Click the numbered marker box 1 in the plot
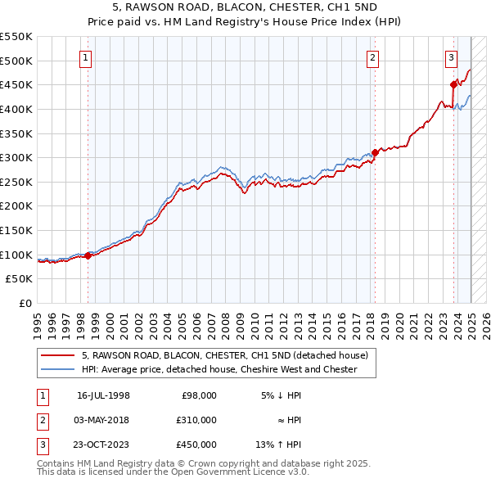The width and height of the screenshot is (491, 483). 86,57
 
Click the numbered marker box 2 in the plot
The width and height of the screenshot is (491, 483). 372,57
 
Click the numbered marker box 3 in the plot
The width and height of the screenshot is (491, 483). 451,57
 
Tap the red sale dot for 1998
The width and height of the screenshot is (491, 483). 88,255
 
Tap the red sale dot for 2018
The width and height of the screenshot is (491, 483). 375,152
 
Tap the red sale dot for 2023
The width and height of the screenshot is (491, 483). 453,84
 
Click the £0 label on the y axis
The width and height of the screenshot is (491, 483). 25,303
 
